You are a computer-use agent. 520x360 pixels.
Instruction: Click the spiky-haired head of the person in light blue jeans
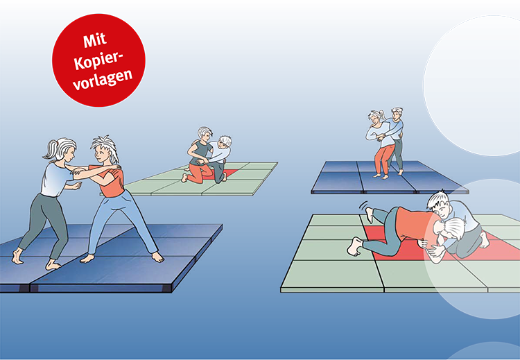pyautogui.click(x=103, y=148)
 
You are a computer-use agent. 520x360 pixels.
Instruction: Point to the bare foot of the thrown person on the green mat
pyautogui.click(x=356, y=245)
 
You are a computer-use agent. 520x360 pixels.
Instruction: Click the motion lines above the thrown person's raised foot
pyautogui.click(x=363, y=205)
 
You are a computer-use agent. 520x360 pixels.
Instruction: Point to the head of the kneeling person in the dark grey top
pyautogui.click(x=204, y=133)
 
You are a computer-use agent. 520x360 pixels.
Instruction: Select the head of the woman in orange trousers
pyautogui.click(x=376, y=118)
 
